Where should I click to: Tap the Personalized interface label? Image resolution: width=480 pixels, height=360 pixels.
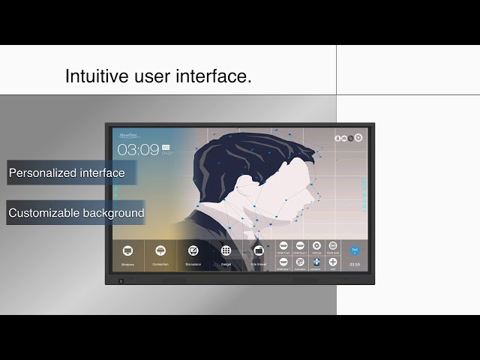(x=67, y=173)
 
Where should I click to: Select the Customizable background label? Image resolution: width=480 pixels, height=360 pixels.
(x=76, y=213)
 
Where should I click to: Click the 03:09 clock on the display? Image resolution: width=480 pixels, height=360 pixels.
(x=138, y=149)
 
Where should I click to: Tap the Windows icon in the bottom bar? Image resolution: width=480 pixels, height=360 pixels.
(x=127, y=250)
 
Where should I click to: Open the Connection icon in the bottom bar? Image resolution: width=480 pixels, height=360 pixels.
(x=160, y=250)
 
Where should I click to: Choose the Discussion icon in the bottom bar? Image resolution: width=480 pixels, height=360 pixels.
(x=193, y=250)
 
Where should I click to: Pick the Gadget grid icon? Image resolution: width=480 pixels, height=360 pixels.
(x=226, y=250)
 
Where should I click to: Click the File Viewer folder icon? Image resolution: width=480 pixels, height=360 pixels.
(x=259, y=250)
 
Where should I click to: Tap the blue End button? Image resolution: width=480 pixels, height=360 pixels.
(x=355, y=249)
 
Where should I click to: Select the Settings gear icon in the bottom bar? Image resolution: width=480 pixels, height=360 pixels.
(x=316, y=246)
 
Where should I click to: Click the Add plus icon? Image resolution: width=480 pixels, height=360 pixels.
(x=333, y=262)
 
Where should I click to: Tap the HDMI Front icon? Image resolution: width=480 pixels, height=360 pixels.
(x=283, y=246)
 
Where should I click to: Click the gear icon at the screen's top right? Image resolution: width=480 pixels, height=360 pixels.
(x=358, y=138)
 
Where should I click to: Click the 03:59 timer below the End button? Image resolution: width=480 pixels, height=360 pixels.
(x=355, y=264)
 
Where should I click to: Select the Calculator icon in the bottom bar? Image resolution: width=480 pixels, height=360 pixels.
(x=300, y=262)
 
